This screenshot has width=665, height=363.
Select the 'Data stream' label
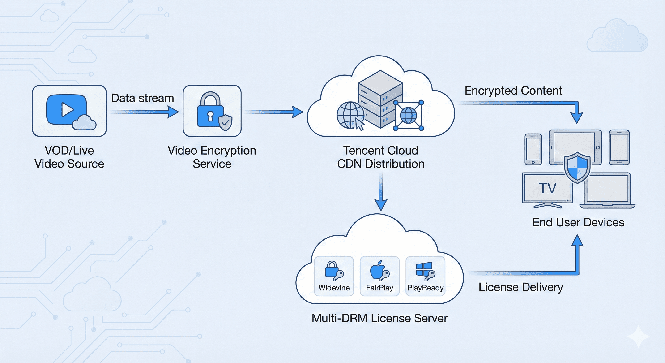pyautogui.click(x=142, y=98)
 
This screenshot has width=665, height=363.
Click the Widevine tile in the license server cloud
pyautogui.click(x=334, y=276)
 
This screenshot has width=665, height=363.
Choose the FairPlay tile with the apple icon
pyautogui.click(x=379, y=276)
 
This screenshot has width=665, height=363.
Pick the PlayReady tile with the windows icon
pyautogui.click(x=425, y=276)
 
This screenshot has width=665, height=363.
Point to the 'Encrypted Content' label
pyautogui.click(x=513, y=91)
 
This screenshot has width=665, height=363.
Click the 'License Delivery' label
pyautogui.click(x=521, y=287)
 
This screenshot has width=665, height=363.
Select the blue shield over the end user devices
pyautogui.click(x=577, y=167)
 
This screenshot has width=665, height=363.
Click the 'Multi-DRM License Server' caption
pyautogui.click(x=379, y=318)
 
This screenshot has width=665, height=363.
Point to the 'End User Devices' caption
pyautogui.click(x=578, y=222)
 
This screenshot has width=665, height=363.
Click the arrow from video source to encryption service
pyautogui.click(x=145, y=112)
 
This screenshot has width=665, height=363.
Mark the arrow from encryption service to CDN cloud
pyautogui.click(x=274, y=112)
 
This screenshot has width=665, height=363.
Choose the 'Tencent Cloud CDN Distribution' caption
pyautogui.click(x=380, y=157)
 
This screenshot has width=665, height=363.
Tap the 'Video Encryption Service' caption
pyautogui.click(x=212, y=157)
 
